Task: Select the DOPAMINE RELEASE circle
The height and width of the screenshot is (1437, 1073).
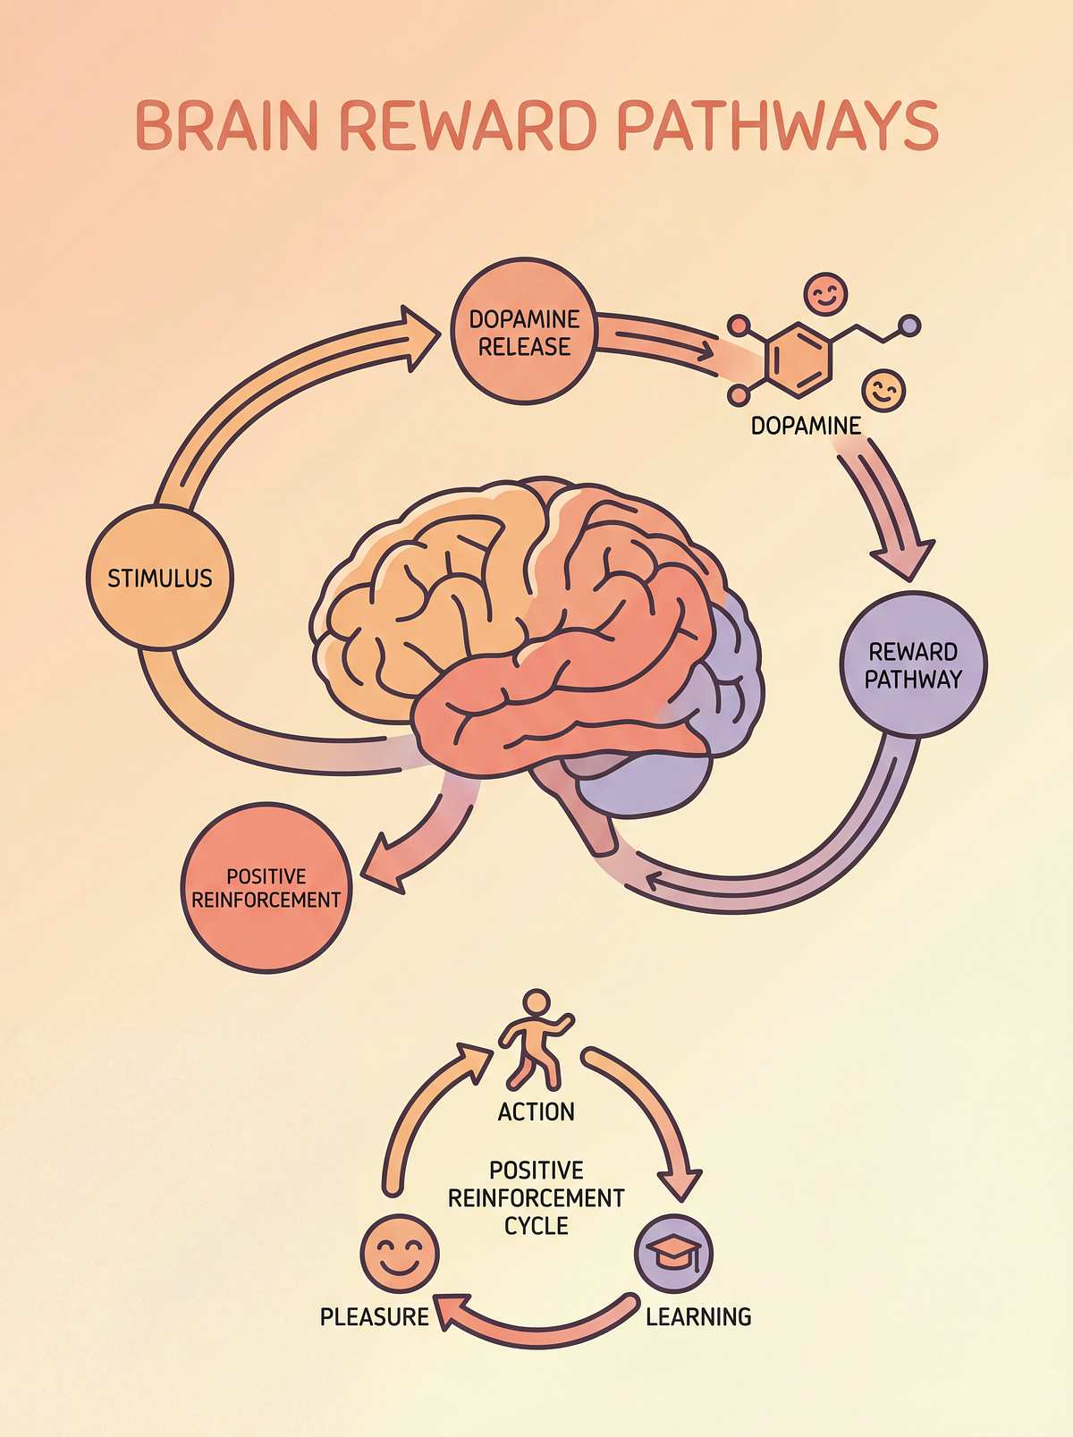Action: pyautogui.click(x=523, y=333)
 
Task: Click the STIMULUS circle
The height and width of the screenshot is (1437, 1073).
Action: pyautogui.click(x=160, y=577)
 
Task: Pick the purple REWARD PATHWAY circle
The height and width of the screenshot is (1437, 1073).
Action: pyautogui.click(x=913, y=664)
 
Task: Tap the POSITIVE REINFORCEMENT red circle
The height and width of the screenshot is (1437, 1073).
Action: pyautogui.click(x=266, y=888)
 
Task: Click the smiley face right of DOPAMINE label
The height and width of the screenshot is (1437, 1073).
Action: pyautogui.click(x=883, y=390)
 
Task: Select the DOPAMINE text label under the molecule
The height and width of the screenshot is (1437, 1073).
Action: pyautogui.click(x=805, y=427)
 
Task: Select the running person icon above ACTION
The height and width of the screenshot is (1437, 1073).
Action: pyautogui.click(x=535, y=1036)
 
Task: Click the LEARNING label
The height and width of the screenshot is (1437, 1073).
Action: pyautogui.click(x=698, y=1316)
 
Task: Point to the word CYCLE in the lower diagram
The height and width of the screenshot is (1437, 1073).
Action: pyautogui.click(x=536, y=1225)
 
